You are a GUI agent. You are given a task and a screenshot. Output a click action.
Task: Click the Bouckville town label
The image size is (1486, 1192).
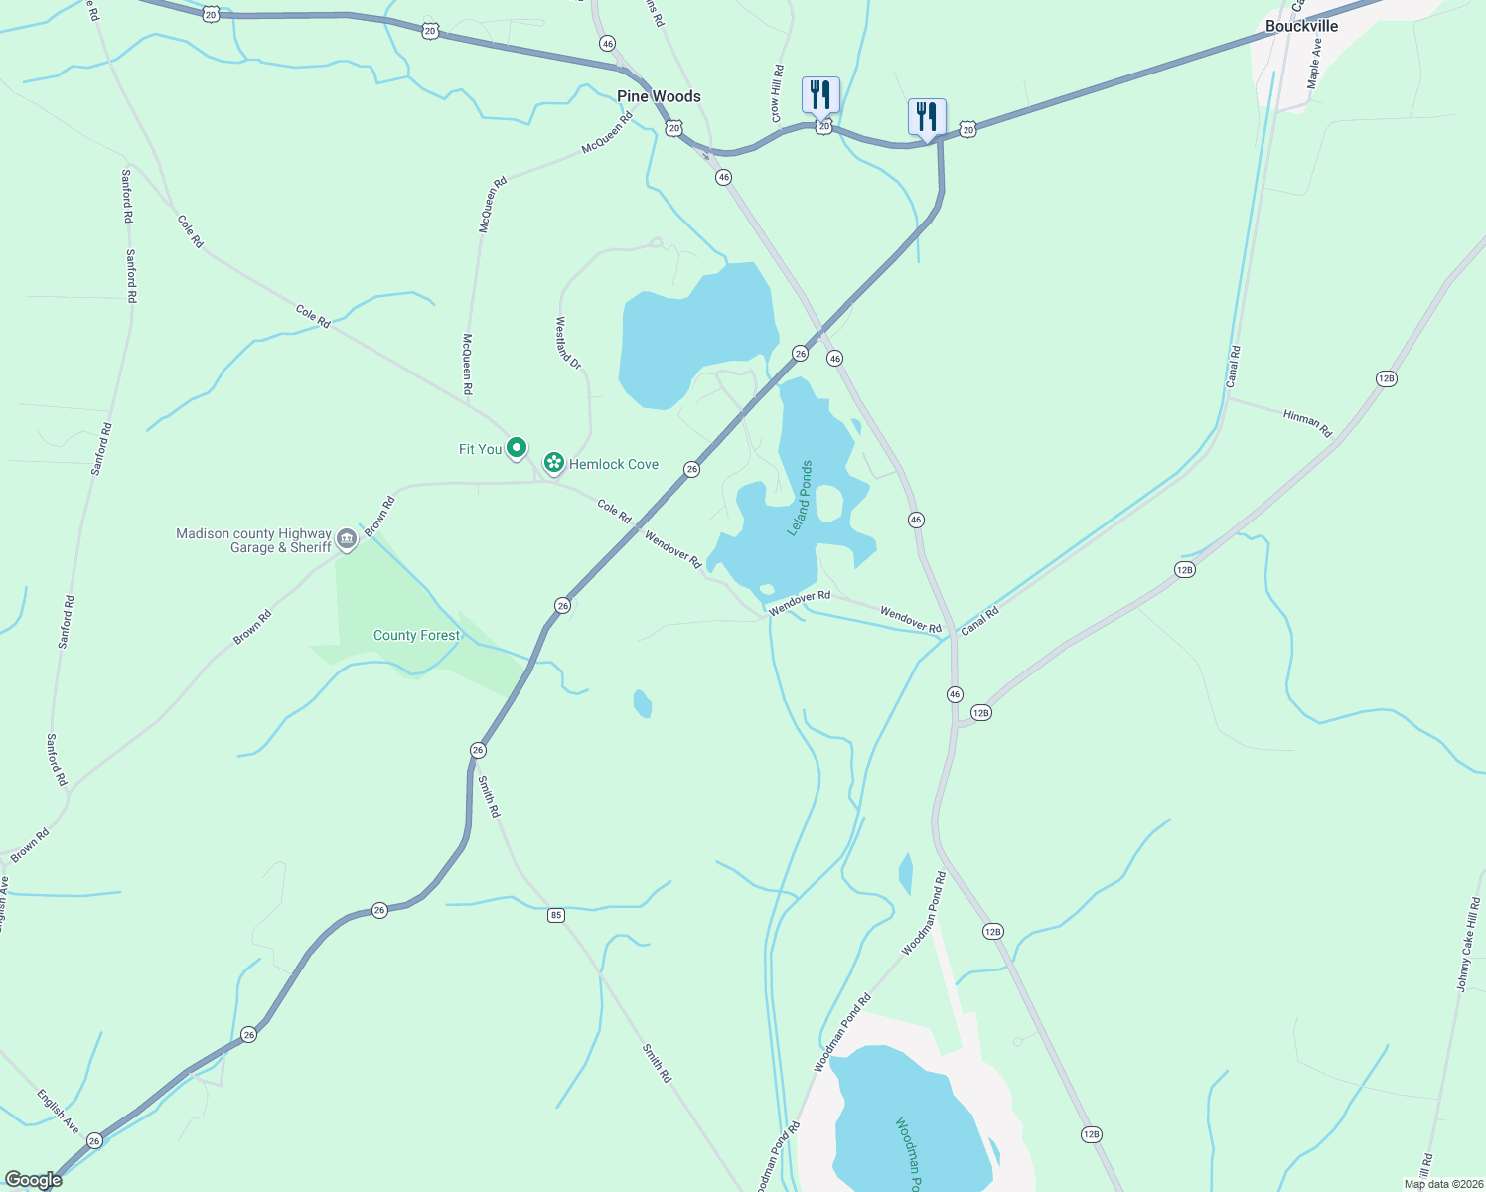point(1301,26)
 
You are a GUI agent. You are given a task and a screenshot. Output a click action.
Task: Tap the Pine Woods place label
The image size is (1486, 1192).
point(659,96)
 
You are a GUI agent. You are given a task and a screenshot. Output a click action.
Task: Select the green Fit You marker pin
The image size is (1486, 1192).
point(517,449)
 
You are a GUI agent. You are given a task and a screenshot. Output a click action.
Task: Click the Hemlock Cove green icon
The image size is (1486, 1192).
point(554,463)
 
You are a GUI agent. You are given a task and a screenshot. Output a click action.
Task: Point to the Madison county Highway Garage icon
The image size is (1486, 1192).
point(347,539)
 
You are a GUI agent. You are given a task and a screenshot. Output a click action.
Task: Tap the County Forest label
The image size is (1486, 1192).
point(416,636)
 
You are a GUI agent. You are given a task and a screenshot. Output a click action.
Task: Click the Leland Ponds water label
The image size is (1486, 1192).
point(801,499)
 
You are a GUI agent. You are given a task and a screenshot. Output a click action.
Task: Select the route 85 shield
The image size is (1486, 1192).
point(556,915)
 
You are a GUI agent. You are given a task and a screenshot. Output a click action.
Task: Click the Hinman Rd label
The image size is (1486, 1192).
point(1307,423)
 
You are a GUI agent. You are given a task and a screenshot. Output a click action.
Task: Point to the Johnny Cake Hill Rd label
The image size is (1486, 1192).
point(1468,945)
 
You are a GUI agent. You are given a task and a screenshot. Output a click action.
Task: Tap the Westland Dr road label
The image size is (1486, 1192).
point(567,344)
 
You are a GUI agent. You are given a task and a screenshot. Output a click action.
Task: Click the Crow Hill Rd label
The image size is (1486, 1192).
point(777,94)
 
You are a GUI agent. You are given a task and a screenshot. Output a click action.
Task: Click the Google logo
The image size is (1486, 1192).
point(33,1180)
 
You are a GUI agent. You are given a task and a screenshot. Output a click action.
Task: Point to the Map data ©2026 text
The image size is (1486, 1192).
point(1443,1184)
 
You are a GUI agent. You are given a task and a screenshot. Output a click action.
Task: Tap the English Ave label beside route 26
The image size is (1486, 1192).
point(58,1112)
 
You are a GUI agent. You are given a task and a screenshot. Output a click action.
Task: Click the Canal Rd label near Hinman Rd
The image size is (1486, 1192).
point(1233,367)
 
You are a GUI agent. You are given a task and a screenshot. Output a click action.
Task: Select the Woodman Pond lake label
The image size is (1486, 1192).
point(908,1154)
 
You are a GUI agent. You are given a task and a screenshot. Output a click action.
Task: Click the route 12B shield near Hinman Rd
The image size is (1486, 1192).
point(1387,378)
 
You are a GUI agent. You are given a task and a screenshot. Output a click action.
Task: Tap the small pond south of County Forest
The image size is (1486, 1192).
point(643,704)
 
